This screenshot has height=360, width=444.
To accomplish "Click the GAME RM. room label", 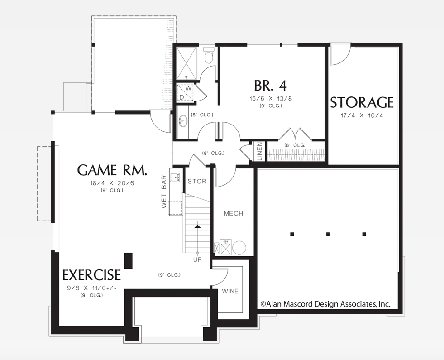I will pyautogui.click(x=112, y=170).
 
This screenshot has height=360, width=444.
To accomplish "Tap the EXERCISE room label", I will pyautogui.click(x=91, y=275).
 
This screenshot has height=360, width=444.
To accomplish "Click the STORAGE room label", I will pyautogui.click(x=362, y=102).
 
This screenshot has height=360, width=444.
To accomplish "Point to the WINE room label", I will pyautogui.click(x=230, y=291).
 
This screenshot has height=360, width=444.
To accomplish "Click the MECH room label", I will pyautogui.click(x=234, y=213).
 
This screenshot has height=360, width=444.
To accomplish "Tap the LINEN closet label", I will pyautogui.click(x=260, y=151).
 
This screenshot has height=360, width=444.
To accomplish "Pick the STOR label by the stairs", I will pyautogui.click(x=197, y=182).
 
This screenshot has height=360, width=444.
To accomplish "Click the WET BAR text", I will pyautogui.click(x=164, y=192).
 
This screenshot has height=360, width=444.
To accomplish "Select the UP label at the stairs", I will pyautogui.click(x=197, y=259).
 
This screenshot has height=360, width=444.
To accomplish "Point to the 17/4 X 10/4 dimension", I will pyautogui.click(x=362, y=115).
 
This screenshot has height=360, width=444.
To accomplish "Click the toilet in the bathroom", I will pyautogui.click(x=209, y=56).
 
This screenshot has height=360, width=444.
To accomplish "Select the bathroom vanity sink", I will pyautogui.click(x=183, y=121).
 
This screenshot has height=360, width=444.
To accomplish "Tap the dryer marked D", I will pyautogui.click(x=181, y=96).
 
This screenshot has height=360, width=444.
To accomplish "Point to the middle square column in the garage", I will pyautogui.click(x=328, y=234).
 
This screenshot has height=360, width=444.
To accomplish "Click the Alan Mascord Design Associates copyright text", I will pyautogui.click(x=325, y=304).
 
